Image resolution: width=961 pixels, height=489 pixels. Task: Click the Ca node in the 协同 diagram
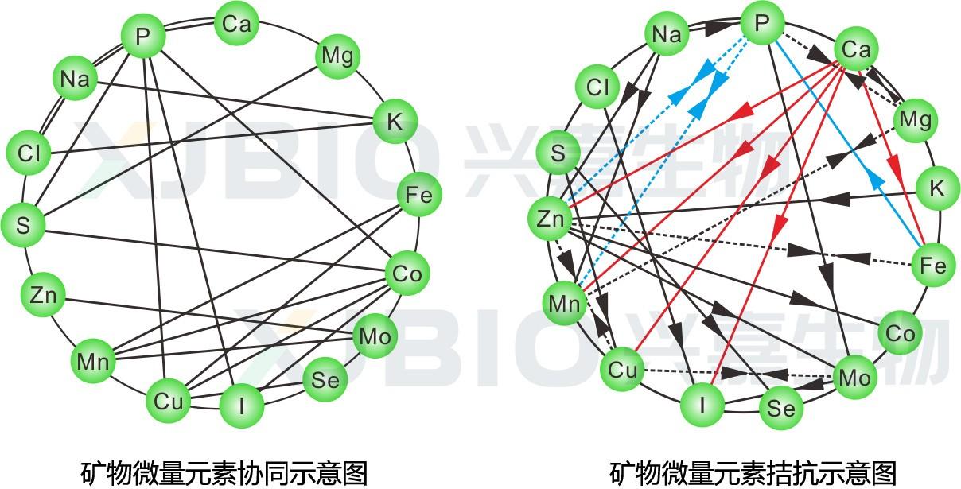(x=236, y=25)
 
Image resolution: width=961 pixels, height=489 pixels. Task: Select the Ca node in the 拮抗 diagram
(x=856, y=51)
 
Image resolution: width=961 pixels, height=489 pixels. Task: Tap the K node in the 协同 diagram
(x=395, y=122)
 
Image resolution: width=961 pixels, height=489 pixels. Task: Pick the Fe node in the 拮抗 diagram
(x=932, y=265)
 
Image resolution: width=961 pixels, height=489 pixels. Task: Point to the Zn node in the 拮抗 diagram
(x=550, y=219)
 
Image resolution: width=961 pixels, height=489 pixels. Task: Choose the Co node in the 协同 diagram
(x=407, y=274)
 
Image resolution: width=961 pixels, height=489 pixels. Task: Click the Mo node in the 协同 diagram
(x=375, y=337)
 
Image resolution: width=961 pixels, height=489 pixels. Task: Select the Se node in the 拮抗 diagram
(x=780, y=408)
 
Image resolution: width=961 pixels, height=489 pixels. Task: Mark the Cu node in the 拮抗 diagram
(x=623, y=371)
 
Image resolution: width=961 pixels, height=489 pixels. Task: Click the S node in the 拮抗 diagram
(x=558, y=153)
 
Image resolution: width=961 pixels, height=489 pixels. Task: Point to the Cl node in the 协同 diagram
(x=29, y=153)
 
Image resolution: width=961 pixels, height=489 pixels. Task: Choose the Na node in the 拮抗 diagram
(x=667, y=34)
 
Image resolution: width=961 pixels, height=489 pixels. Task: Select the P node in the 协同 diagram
(x=143, y=36)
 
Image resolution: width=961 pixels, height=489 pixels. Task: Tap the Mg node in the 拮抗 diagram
(x=914, y=120)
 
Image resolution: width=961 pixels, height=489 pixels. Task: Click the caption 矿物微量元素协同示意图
(x=224, y=472)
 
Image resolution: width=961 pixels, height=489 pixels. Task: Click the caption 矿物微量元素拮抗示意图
(x=753, y=472)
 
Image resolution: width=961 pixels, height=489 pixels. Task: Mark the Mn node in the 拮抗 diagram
(x=565, y=303)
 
